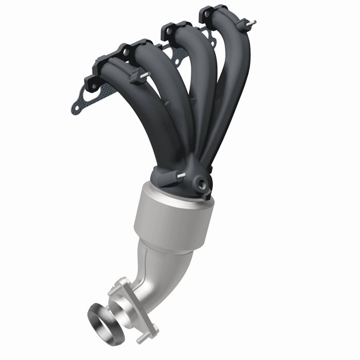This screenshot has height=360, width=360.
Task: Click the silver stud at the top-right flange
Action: tap(251, 23)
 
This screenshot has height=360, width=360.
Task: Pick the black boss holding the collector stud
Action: tap(167, 177)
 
